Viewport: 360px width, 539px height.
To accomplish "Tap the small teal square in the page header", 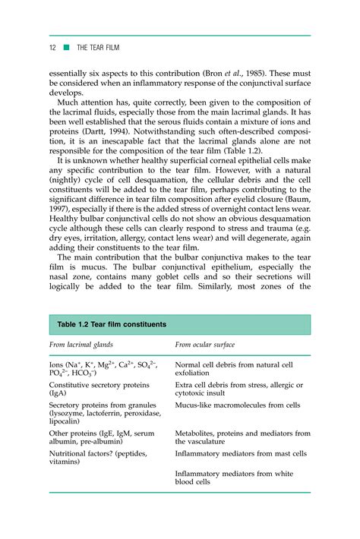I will (67, 47).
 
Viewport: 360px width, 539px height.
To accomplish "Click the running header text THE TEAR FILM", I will (99, 47).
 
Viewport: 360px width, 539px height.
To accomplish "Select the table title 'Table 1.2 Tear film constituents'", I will (112, 325).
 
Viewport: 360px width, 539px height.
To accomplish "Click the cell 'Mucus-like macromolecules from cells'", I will (237, 405).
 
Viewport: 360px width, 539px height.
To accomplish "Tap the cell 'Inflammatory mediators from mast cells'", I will (241, 453).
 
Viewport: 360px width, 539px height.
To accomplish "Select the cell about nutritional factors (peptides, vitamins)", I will (98, 458).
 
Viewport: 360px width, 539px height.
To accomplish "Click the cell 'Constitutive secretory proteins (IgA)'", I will (99, 389).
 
